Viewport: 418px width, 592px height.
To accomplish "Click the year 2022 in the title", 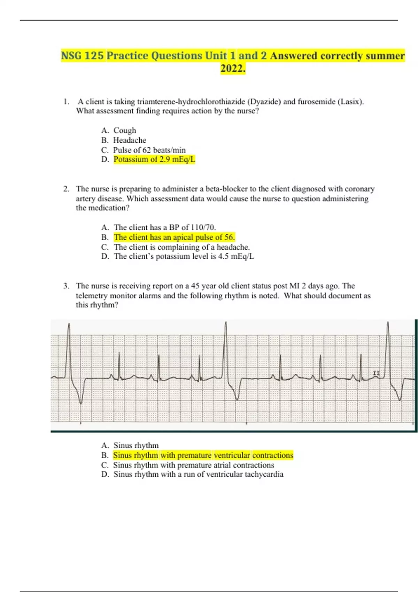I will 233,69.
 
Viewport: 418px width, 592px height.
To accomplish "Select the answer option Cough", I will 125,131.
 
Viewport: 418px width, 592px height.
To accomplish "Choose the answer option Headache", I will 130,140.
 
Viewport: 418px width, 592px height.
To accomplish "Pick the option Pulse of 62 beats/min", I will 149,150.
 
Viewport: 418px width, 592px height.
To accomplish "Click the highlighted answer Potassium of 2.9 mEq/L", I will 154,159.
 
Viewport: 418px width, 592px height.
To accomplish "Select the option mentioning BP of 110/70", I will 164,228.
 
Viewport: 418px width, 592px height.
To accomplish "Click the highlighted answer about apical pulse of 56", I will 174,237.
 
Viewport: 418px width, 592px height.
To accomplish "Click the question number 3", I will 66,286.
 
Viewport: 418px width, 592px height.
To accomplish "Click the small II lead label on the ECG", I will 376,373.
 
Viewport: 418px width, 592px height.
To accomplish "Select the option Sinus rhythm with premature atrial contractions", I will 193,465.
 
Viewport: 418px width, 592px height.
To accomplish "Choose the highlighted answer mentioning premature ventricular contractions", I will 203,455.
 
